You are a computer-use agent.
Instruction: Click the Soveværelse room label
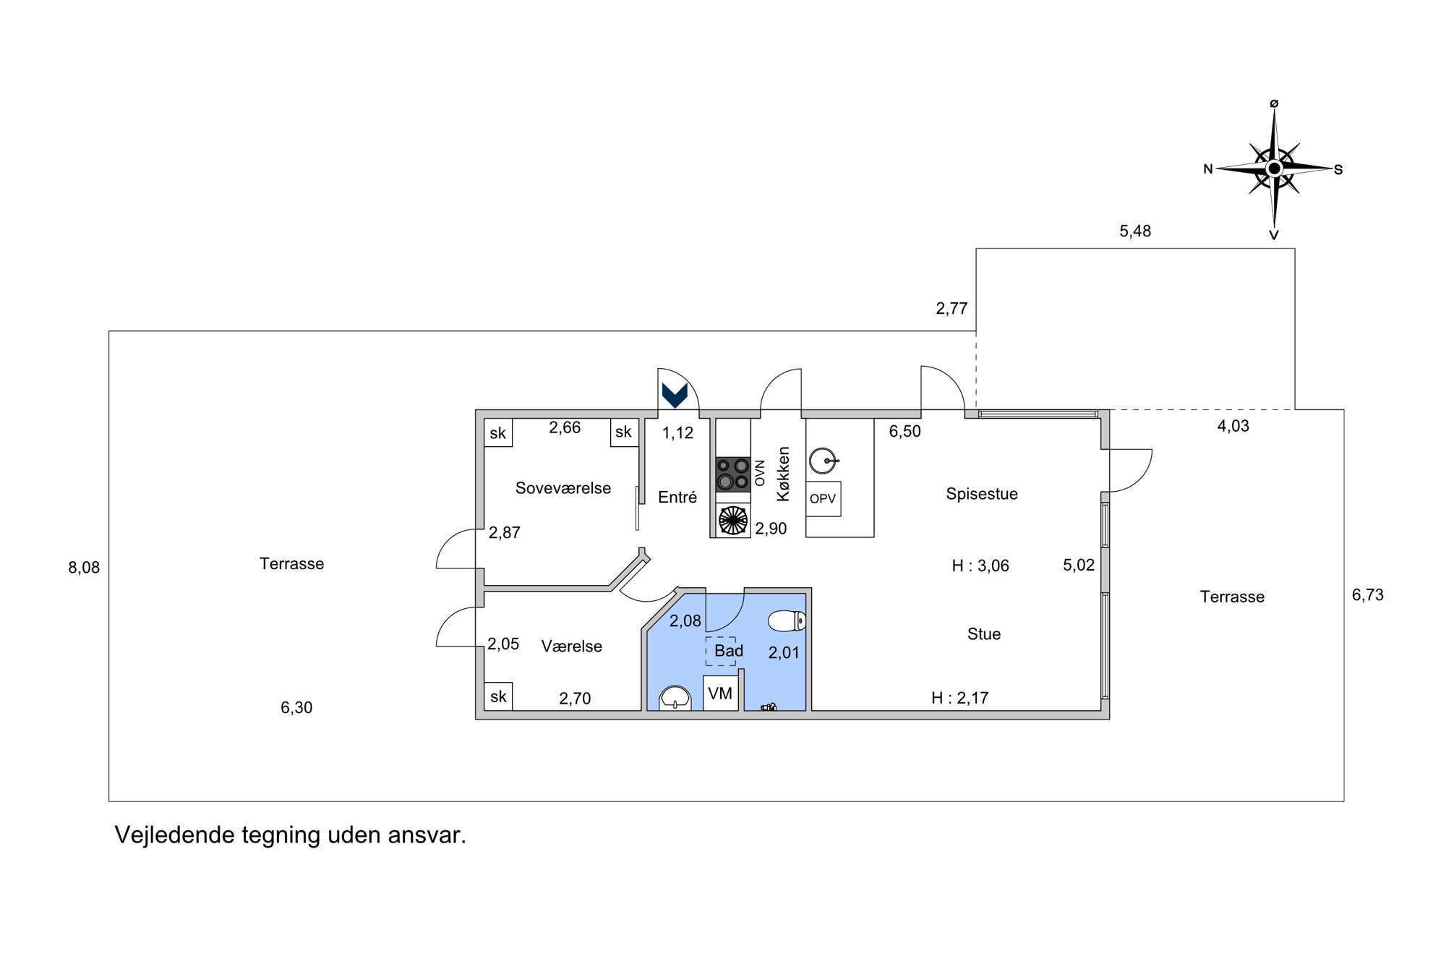(563, 488)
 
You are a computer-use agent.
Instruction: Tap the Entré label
(677, 498)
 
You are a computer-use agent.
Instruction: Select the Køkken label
(783, 474)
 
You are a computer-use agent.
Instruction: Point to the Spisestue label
(982, 494)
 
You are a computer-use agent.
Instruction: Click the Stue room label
(984, 634)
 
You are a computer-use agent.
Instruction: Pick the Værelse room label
(571, 647)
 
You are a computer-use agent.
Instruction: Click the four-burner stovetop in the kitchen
(732, 474)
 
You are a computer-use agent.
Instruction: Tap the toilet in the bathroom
(787, 620)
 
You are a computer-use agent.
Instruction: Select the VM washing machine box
(720, 694)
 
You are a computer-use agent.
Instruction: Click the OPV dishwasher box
(823, 499)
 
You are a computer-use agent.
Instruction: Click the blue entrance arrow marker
(675, 395)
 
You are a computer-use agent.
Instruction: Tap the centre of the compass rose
(1274, 169)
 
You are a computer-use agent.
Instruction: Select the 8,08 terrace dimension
(84, 568)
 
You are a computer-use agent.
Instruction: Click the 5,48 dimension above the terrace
(1135, 231)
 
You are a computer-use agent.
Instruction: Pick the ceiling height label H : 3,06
(980, 566)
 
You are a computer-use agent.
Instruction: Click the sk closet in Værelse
(498, 696)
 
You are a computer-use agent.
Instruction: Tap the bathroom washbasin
(675, 699)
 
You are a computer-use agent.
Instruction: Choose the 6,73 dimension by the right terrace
(1368, 595)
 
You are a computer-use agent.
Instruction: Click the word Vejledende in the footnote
(175, 835)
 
